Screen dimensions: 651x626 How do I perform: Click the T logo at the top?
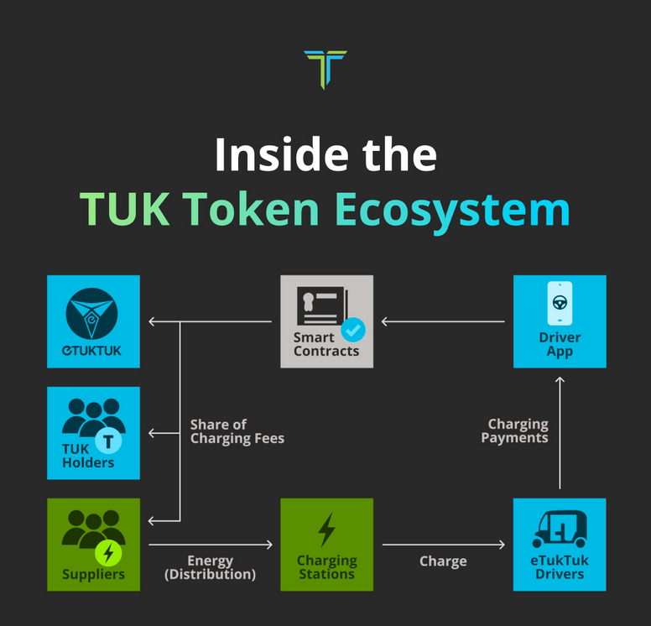pyautogui.click(x=325, y=69)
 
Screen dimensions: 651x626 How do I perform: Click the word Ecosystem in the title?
pyautogui.click(x=452, y=211)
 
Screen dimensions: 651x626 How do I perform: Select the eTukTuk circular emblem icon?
pyautogui.click(x=91, y=314)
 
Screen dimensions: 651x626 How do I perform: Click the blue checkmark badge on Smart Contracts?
pyautogui.click(x=353, y=330)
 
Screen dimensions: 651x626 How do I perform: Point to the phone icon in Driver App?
pyautogui.click(x=560, y=303)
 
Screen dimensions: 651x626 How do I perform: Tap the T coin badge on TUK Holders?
pyautogui.click(x=108, y=441)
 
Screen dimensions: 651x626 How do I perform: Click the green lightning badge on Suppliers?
pyautogui.click(x=108, y=553)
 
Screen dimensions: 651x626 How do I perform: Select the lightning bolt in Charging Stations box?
pyautogui.click(x=326, y=529)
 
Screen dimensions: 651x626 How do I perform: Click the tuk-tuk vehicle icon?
pyautogui.click(x=560, y=529)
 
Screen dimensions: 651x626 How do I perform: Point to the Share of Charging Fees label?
pyautogui.click(x=237, y=431)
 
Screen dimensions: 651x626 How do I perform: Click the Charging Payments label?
pyautogui.click(x=515, y=430)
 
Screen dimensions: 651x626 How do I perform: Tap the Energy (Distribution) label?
pyautogui.click(x=210, y=567)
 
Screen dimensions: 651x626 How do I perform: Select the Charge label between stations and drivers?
pyautogui.click(x=443, y=561)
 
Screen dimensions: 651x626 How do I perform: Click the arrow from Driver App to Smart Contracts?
pyautogui.click(x=443, y=321)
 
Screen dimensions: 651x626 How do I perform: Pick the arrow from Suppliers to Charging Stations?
pyautogui.click(x=211, y=544)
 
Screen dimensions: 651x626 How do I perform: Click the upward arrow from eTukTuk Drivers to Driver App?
pyautogui.click(x=560, y=432)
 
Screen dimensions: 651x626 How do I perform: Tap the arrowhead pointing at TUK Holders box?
pyautogui.click(x=152, y=433)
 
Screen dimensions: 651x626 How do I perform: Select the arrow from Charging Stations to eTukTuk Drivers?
pyautogui.click(x=444, y=544)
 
